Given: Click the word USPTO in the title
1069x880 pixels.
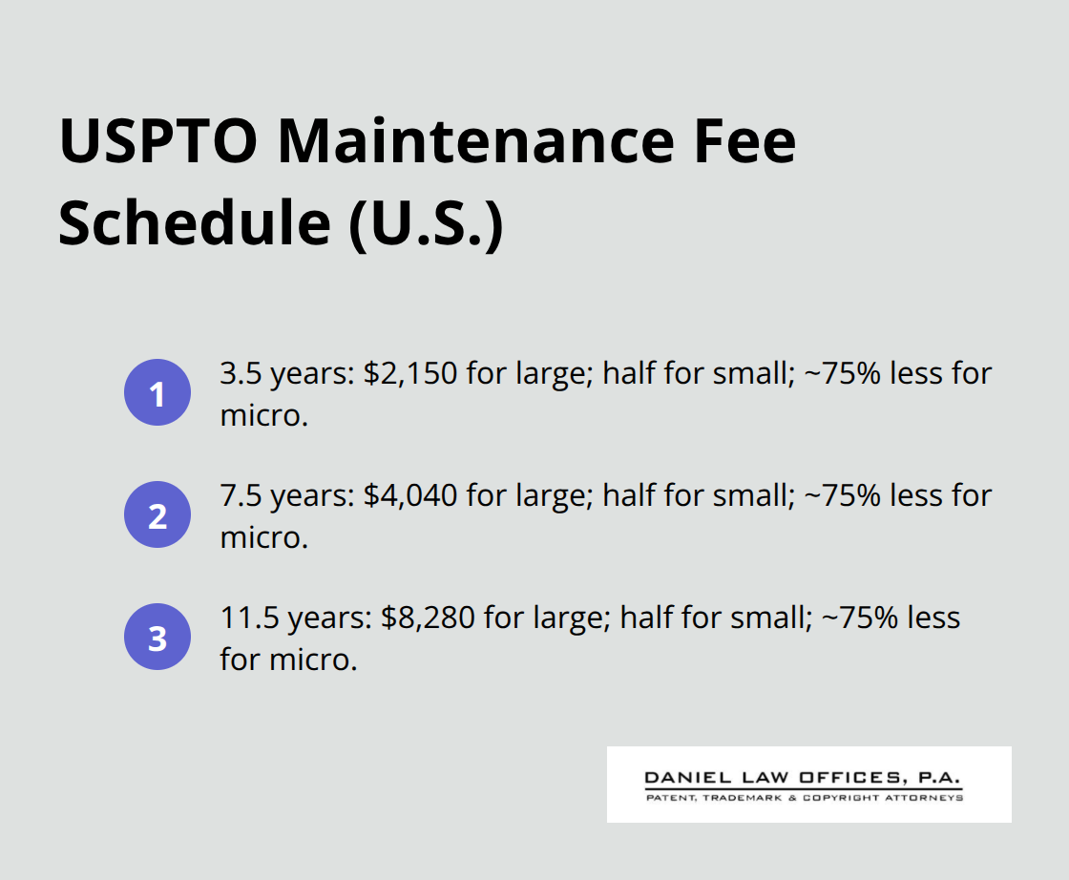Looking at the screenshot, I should [x=157, y=141].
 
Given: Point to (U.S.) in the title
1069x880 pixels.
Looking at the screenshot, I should [x=424, y=224].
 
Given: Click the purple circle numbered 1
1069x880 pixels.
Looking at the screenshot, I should [x=157, y=393].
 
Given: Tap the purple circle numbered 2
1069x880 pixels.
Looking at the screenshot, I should [x=157, y=515].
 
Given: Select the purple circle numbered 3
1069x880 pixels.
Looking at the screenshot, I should [x=157, y=638].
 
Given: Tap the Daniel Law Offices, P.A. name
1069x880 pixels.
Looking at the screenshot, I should [x=804, y=778].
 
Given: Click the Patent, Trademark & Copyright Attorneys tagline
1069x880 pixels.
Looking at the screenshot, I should [x=804, y=797].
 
